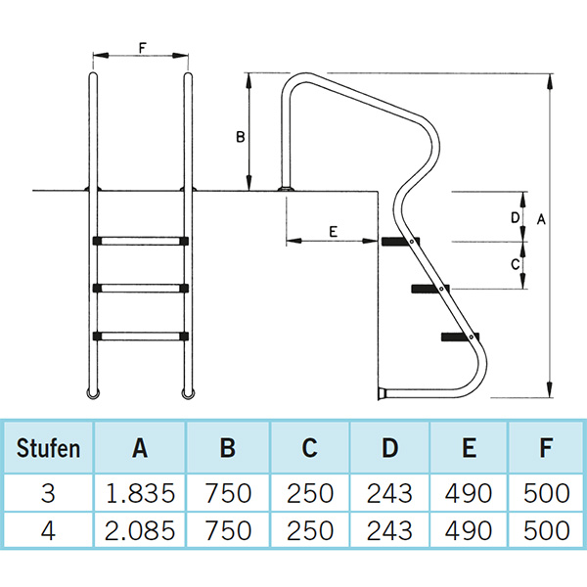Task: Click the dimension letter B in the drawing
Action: click(240, 137)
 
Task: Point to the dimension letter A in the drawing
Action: click(541, 221)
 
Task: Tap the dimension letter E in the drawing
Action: click(334, 232)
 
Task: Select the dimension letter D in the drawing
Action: click(515, 216)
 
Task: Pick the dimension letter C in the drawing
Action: click(515, 264)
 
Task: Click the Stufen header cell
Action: click(49, 449)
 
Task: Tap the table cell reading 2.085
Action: click(140, 531)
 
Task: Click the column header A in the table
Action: click(140, 449)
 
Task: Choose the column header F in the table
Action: click(546, 449)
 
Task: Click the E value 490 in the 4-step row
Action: click(469, 531)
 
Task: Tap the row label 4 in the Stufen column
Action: click(49, 531)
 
